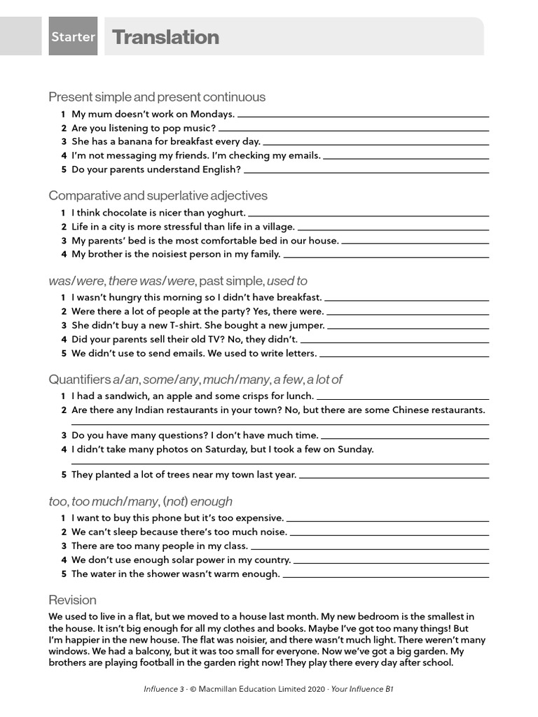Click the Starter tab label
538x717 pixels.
click(x=73, y=37)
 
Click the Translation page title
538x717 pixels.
click(x=165, y=37)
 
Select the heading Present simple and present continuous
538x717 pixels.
click(x=157, y=97)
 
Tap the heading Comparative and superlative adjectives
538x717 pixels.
click(x=158, y=195)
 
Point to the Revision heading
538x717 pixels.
click(x=72, y=600)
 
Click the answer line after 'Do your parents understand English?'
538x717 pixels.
click(x=366, y=170)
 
